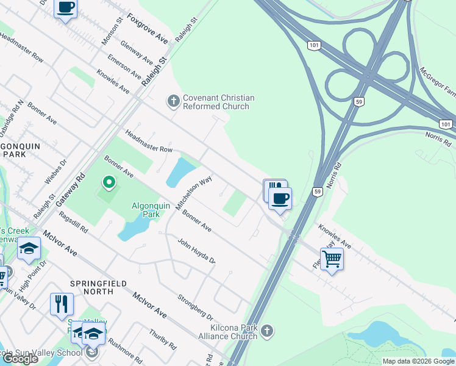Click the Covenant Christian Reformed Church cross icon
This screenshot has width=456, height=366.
click(x=174, y=101)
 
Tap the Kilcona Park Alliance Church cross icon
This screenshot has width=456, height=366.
click(x=266, y=331)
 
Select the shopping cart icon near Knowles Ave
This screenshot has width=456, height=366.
click(x=332, y=259)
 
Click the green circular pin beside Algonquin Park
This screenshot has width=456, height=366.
click(x=109, y=182)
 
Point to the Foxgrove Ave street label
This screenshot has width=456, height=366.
click(x=148, y=29)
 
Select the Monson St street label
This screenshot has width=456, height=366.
click(x=113, y=30)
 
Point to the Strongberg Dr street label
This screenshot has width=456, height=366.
click(x=194, y=308)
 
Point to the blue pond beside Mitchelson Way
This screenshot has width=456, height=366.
click(x=179, y=172)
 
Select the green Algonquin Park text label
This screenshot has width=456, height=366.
click(x=146, y=210)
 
